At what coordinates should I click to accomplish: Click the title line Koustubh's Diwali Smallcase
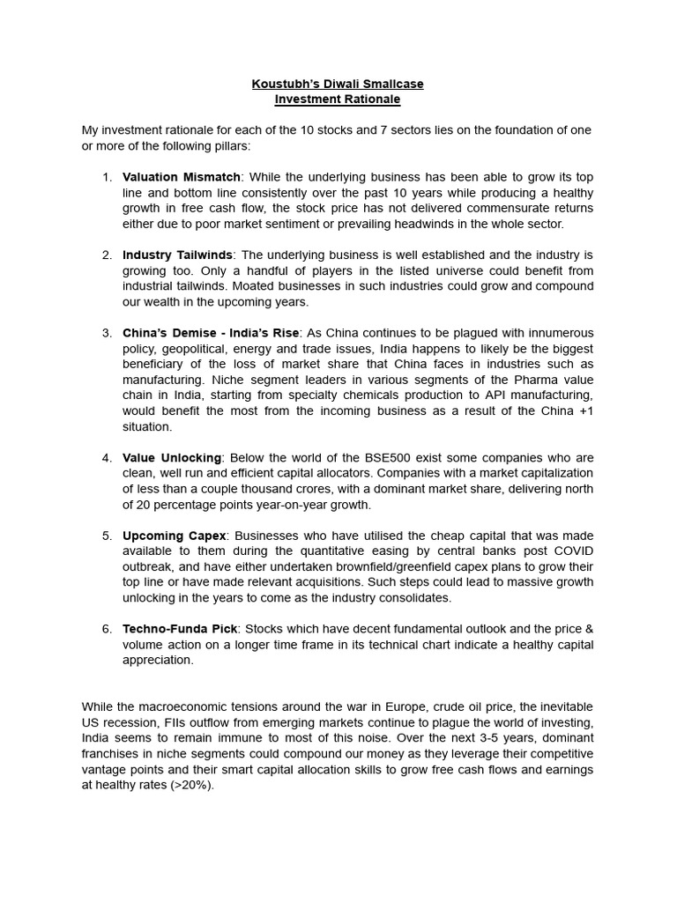pos(338,84)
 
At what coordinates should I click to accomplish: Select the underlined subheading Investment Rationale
pos(338,100)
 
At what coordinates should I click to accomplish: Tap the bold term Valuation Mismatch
pos(181,177)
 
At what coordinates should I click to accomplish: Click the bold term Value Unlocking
pos(173,458)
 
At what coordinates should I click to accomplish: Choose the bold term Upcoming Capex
pos(175,536)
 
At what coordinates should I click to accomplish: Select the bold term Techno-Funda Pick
pos(181,629)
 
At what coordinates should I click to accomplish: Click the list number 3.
pos(107,333)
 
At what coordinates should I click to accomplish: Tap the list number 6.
pos(107,629)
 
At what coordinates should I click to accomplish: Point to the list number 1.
pos(107,177)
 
